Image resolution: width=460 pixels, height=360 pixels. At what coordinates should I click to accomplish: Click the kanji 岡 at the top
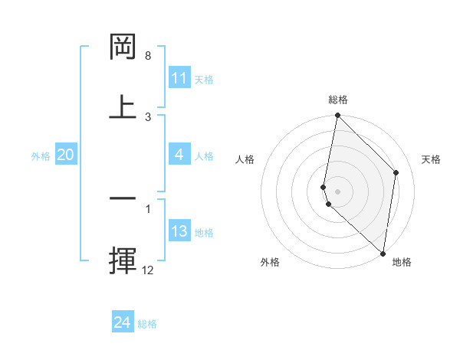coord(123,47)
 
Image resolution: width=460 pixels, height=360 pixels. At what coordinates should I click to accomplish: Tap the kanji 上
coord(123,107)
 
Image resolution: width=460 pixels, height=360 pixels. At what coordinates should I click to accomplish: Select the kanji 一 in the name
coord(123,198)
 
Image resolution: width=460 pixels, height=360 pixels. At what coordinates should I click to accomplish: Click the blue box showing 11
coord(179,78)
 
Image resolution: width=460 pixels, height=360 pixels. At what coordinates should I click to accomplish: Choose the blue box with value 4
coord(179,155)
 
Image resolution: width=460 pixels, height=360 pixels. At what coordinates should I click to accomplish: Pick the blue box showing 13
coord(179,231)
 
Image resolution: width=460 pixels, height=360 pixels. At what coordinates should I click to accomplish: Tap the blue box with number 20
coord(65,155)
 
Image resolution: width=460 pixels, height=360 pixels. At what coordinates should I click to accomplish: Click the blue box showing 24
coord(123,322)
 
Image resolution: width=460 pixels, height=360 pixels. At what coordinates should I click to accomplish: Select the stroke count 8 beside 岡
coord(148,56)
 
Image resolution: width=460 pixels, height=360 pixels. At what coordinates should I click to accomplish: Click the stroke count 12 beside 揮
coord(148,270)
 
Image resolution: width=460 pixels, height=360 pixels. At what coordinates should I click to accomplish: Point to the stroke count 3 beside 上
coord(148,116)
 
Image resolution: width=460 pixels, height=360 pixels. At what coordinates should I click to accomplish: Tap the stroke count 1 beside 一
coord(148,208)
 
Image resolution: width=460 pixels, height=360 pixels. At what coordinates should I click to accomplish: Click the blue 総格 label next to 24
coord(147,324)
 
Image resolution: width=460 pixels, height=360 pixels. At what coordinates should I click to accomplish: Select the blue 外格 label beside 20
coord(41,156)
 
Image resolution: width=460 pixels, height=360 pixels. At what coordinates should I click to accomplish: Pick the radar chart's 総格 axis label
coord(337,100)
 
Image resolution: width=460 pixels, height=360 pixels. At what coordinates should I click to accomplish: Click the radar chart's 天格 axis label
coord(432,159)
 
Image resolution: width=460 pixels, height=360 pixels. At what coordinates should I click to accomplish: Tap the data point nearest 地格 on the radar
coord(383,254)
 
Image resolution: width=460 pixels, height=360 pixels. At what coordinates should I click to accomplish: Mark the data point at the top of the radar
coord(337,116)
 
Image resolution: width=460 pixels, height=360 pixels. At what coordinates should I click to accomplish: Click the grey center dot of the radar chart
coord(337,191)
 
